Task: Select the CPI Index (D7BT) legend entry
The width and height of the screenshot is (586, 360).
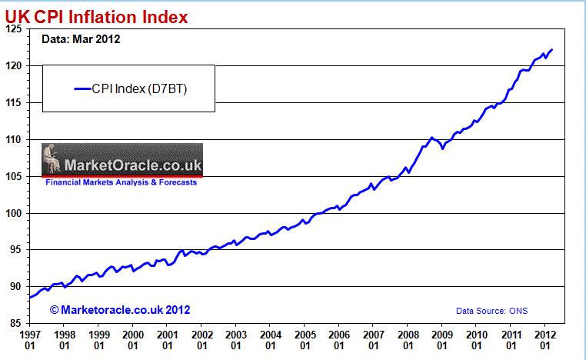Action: [131, 88]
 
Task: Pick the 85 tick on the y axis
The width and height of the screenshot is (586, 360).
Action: [15, 324]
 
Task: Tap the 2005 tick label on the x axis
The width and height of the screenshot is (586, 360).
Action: [305, 340]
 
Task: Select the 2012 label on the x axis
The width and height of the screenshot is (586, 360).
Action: [545, 340]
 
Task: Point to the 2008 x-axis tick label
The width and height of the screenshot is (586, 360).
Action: [408, 340]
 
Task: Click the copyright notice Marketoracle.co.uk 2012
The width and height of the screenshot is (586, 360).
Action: [120, 309]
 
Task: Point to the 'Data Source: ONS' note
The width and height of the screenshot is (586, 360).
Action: [492, 311]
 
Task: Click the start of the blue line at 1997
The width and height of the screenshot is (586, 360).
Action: [30, 297]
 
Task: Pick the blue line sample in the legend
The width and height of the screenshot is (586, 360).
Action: [84, 88]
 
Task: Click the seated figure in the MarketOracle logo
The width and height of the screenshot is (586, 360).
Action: [52, 160]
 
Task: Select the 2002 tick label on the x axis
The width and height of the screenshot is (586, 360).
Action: [202, 340]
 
